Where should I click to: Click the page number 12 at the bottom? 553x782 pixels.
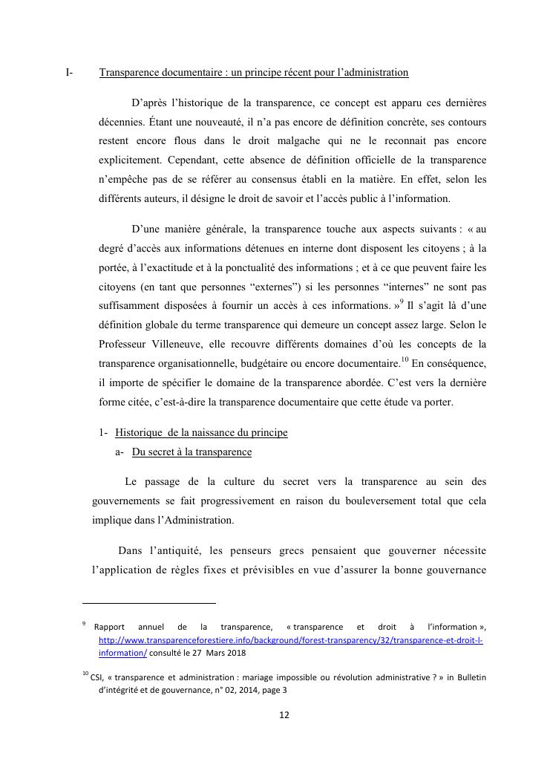(x=284, y=715)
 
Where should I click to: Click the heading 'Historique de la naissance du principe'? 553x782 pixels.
(x=201, y=433)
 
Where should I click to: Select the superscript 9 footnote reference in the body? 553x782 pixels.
(x=402, y=302)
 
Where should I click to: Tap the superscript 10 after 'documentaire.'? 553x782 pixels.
(x=405, y=359)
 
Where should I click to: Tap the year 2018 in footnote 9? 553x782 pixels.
(x=234, y=654)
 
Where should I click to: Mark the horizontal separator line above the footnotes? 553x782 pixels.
(x=148, y=604)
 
